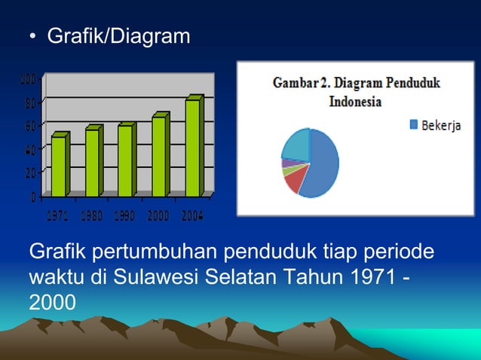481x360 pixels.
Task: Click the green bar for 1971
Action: click(x=58, y=166)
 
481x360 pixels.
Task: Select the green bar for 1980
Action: click(x=92, y=163)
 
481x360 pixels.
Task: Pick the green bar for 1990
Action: click(x=124, y=161)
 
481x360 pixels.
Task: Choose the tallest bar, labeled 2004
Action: click(x=192, y=148)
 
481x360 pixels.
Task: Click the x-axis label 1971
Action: click(x=59, y=217)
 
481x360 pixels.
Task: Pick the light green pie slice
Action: click(x=286, y=171)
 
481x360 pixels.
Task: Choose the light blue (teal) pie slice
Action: click(x=296, y=144)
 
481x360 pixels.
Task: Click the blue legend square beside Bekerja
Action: click(x=413, y=125)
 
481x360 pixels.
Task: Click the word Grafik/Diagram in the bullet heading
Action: click(x=118, y=35)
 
